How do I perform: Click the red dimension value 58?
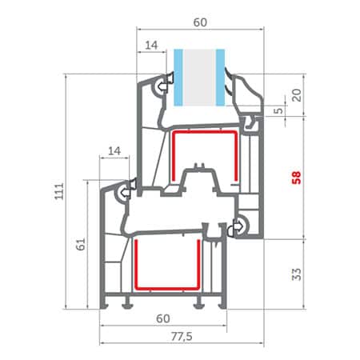(296, 178)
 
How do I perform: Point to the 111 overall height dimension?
(59, 191)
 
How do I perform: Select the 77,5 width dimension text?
(182, 337)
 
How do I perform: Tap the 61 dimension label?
(81, 244)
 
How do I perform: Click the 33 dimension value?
(296, 274)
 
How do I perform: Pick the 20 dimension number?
(297, 95)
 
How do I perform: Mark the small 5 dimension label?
(278, 110)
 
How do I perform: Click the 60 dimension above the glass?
(200, 22)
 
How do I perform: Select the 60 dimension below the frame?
(163, 318)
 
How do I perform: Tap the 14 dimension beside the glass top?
(151, 46)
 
